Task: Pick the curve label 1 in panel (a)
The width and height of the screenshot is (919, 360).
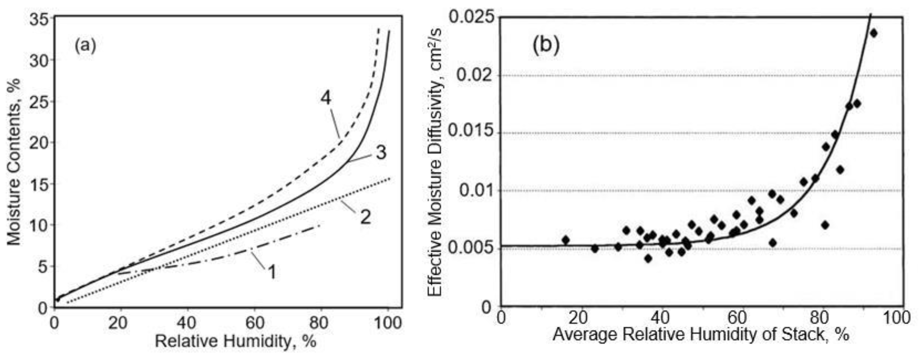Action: click(x=272, y=273)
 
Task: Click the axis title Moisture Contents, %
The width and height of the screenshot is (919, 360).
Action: click(x=15, y=162)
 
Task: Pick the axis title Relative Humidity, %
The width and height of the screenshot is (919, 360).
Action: click(x=235, y=341)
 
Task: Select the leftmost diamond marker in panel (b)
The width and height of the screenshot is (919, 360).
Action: click(x=565, y=240)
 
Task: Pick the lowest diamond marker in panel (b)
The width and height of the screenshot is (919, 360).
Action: click(x=648, y=259)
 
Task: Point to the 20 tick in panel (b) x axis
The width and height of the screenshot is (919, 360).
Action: click(x=582, y=317)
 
